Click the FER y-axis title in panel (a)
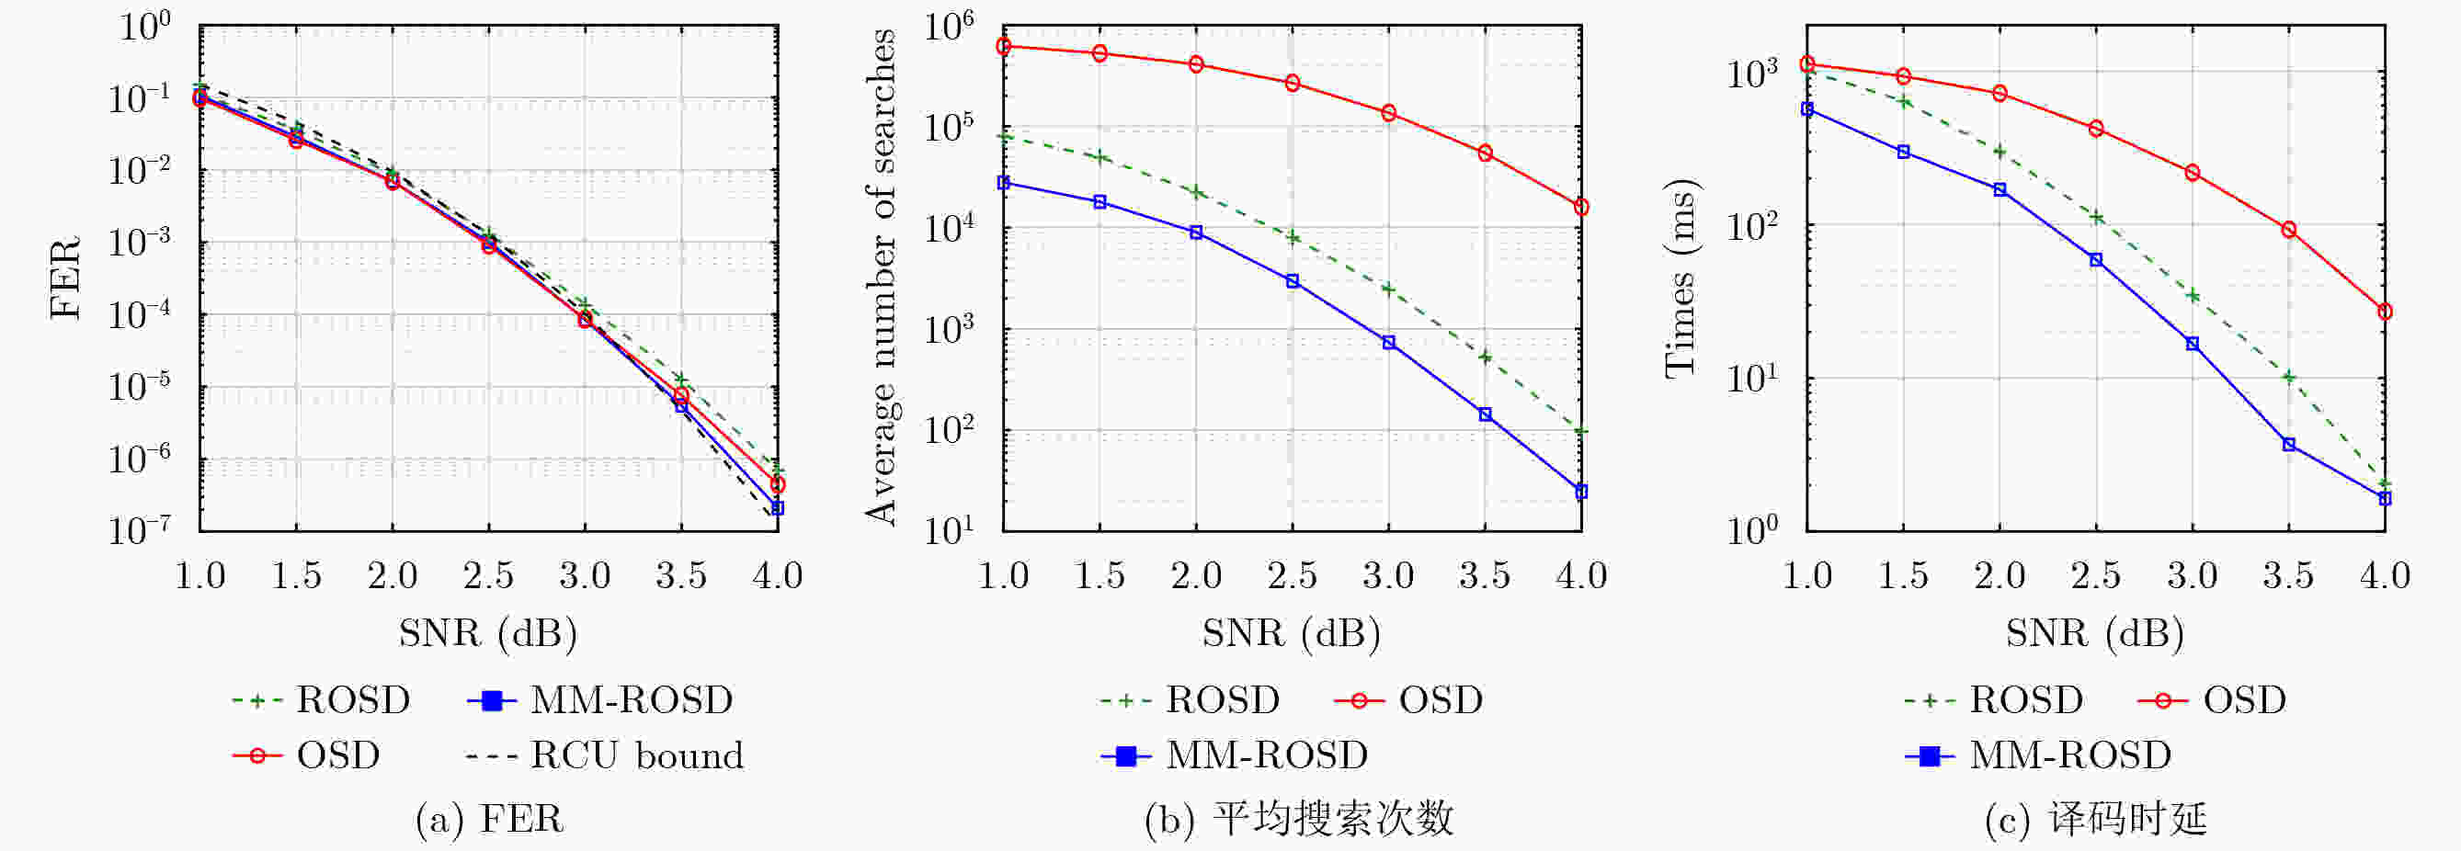pos(65,278)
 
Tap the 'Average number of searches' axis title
pos(880,277)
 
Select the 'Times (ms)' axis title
pos(1680,278)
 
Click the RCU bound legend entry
pos(604,755)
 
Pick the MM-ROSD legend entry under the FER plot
pos(600,700)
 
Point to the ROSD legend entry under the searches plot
pos(1191,700)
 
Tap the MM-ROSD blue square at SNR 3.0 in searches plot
pos(1389,342)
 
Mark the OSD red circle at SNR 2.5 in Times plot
pos(2096,128)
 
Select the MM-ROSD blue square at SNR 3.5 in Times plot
pos(2289,444)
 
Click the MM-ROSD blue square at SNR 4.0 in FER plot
pos(778,508)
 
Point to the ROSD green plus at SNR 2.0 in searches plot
pos(1196,192)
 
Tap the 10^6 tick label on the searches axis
pos(949,28)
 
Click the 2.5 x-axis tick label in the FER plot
pos(488,576)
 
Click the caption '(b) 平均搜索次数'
pos(1299,820)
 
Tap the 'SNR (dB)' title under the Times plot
pos(2095,633)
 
